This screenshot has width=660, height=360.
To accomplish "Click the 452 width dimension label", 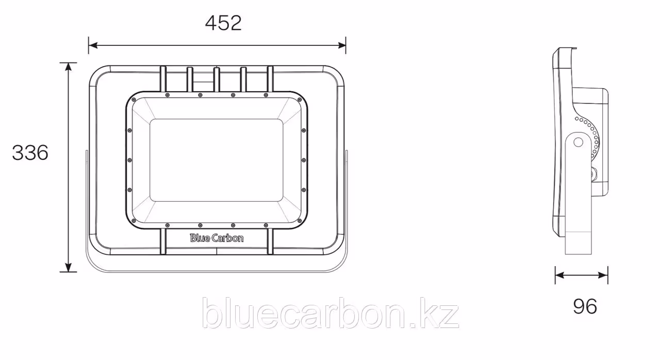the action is [223, 23].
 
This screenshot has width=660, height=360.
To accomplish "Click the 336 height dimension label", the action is [30, 153].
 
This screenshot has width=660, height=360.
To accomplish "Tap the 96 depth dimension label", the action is [585, 307].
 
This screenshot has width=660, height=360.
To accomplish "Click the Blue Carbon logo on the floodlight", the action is [217, 238].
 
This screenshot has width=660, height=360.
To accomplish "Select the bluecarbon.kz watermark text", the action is [330, 313].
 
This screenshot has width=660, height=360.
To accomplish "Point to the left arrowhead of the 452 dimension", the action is [93, 45].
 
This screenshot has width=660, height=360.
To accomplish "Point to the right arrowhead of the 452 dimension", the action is [342, 45].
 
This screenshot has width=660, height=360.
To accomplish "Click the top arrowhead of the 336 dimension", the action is [69, 67].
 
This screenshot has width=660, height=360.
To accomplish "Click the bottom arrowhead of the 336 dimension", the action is [69, 268].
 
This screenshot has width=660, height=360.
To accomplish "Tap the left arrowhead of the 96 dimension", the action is [559, 275].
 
